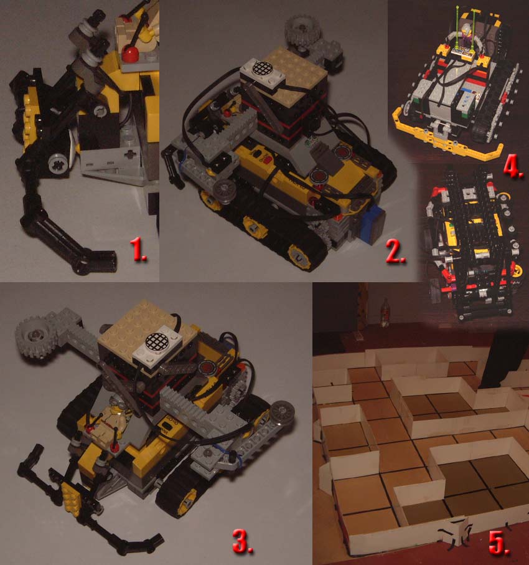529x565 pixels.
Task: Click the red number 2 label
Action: click(x=395, y=251)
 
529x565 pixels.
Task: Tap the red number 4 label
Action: click(x=513, y=167)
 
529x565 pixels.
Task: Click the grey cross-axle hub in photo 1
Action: click(x=58, y=164)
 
